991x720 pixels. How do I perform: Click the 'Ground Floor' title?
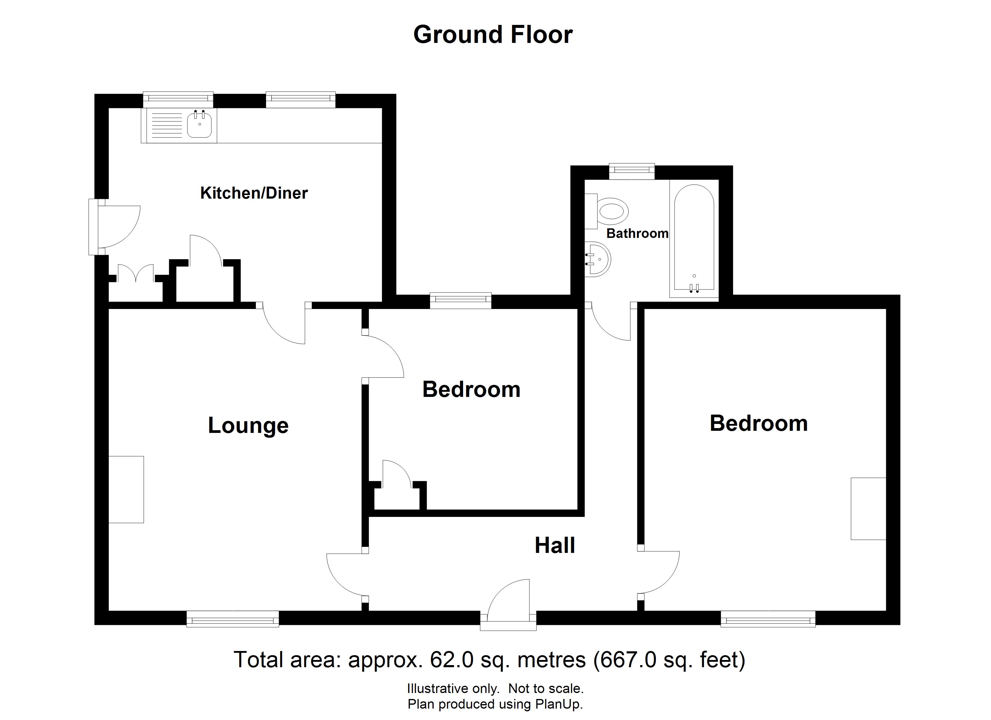point(492,35)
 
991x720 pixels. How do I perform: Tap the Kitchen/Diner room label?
point(254,193)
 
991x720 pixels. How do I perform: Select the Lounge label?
point(248,425)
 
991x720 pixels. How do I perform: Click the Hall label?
point(554,545)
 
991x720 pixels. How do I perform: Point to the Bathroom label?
point(637,234)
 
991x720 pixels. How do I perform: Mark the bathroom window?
point(632,171)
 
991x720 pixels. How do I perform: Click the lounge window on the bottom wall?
point(232,619)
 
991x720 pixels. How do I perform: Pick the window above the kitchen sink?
point(178,100)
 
